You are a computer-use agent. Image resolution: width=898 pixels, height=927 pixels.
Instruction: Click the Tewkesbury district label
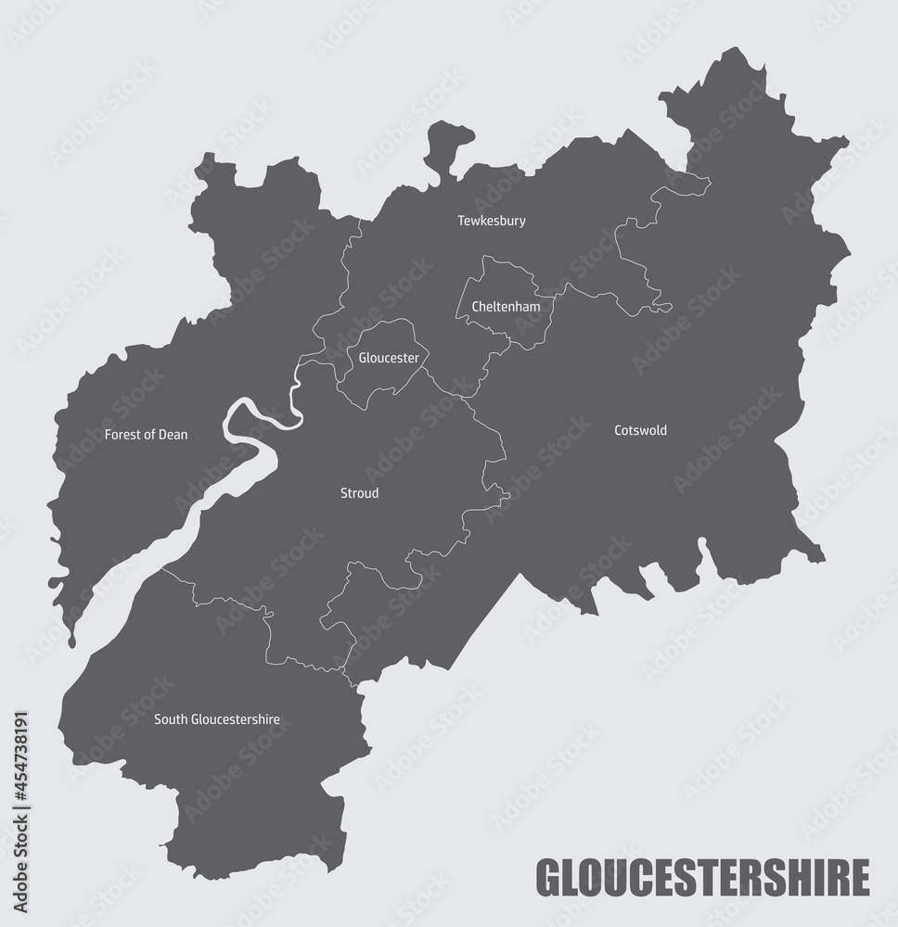[492, 221]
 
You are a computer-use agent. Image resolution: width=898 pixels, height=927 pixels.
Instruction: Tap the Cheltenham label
[506, 306]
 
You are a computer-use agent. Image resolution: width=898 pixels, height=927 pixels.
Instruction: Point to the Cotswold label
[640, 430]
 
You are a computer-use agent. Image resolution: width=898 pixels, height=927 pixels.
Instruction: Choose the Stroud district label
[360, 493]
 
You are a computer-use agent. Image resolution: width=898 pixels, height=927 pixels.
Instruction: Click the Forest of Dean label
[146, 434]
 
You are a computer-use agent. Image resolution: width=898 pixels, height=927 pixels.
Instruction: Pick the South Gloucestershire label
[217, 718]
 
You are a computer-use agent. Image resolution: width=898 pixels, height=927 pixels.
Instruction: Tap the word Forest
[122, 434]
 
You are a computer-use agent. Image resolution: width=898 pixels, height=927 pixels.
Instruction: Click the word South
[170, 718]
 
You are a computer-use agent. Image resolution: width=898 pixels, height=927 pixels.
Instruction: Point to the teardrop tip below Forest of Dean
[71, 640]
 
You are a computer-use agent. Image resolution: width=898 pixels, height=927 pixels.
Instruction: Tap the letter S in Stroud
[344, 493]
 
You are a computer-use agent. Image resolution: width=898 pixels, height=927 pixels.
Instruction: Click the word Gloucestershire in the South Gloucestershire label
[236, 718]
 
